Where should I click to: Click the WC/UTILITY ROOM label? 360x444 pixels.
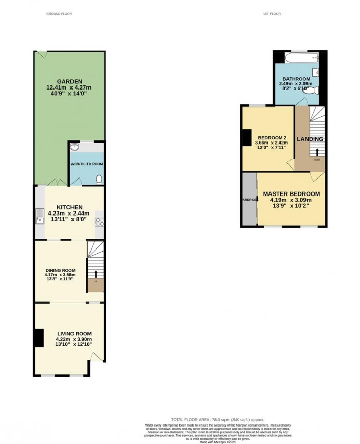[87, 164]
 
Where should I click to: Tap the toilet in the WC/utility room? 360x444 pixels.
[99, 179]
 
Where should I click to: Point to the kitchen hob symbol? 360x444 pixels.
[100, 222]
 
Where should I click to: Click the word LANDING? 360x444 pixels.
[310, 139]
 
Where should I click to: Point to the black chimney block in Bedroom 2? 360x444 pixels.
[246, 137]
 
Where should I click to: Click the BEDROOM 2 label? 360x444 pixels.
[273, 138]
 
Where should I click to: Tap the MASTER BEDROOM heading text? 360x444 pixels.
[292, 194]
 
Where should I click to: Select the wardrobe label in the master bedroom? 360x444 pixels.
[249, 199]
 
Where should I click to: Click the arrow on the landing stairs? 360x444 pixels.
[317, 152]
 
